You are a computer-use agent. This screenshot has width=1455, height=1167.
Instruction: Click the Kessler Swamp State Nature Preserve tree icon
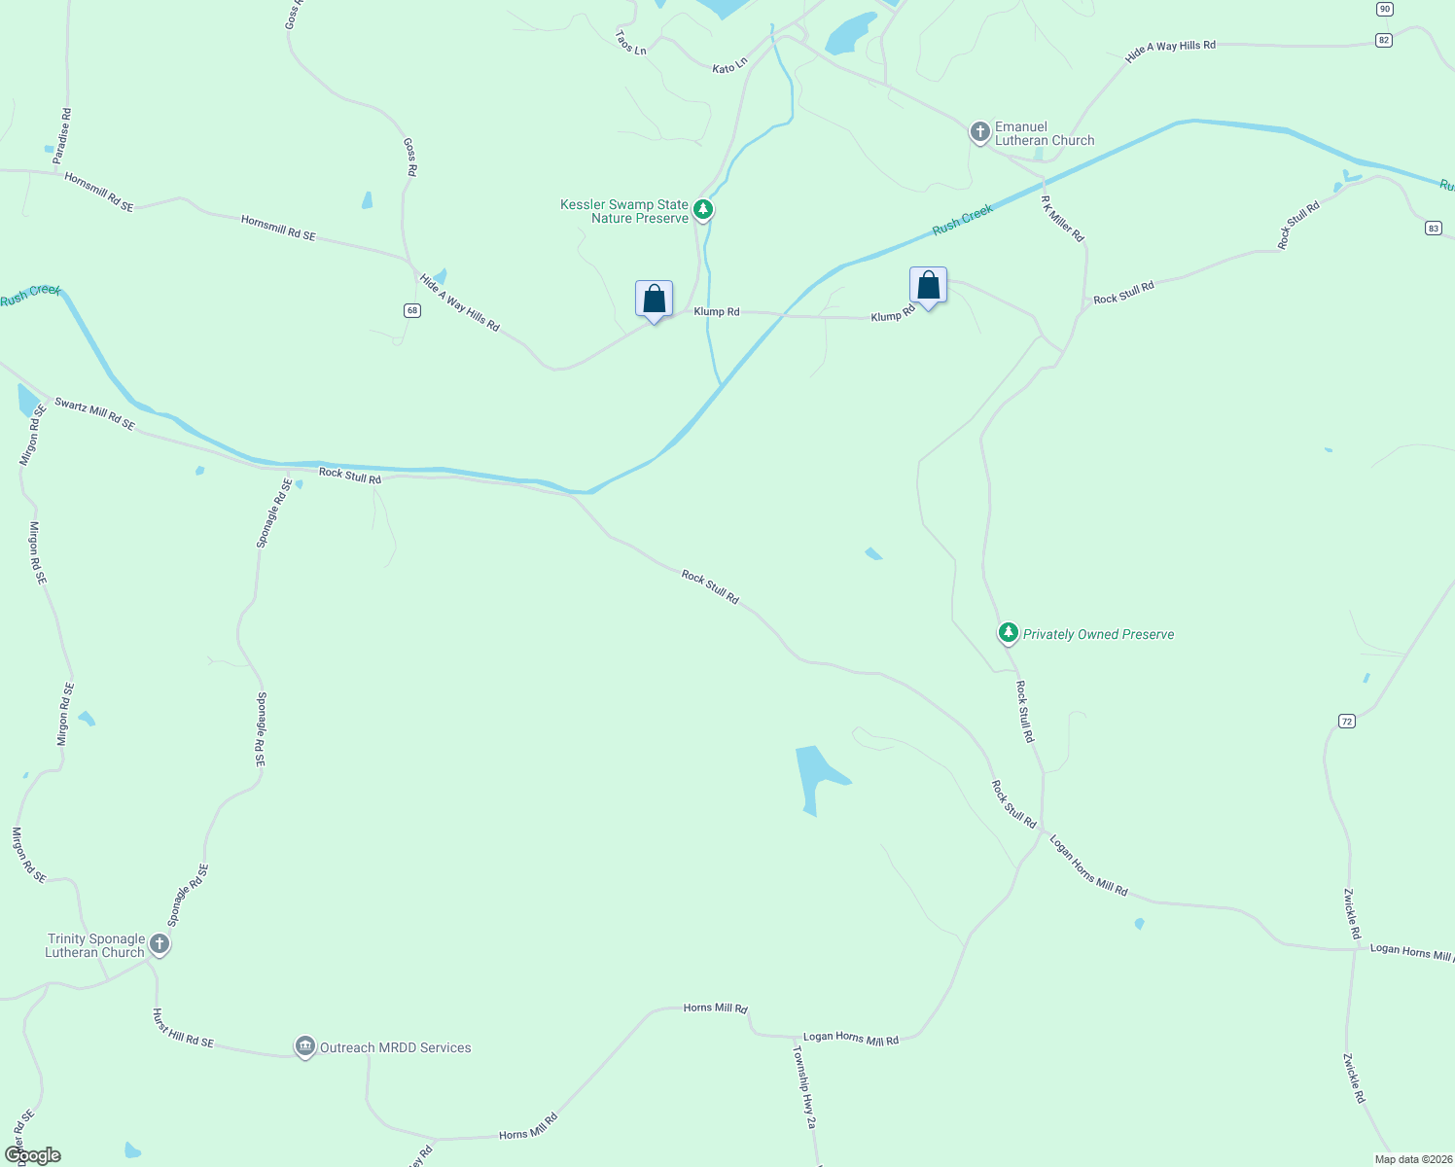pyautogui.click(x=703, y=209)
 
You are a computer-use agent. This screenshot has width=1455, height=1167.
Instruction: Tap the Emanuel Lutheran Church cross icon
pyautogui.click(x=979, y=131)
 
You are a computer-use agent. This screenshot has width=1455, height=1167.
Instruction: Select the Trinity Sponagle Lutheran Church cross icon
pyautogui.click(x=160, y=943)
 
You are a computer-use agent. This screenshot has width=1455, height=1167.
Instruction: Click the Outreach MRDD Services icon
pyautogui.click(x=305, y=1046)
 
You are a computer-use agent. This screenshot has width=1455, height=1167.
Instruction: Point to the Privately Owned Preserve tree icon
pyautogui.click(x=1009, y=633)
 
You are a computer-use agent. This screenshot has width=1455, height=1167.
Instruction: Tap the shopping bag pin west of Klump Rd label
pyautogui.click(x=654, y=300)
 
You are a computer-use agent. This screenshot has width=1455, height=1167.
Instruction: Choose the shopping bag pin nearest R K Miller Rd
pyautogui.click(x=928, y=286)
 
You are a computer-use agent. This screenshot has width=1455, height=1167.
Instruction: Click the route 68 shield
pyautogui.click(x=412, y=310)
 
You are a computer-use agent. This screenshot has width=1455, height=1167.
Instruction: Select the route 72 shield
pyautogui.click(x=1346, y=721)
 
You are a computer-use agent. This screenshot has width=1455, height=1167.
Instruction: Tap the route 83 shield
pyautogui.click(x=1434, y=228)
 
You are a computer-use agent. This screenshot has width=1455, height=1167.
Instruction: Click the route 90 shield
pyautogui.click(x=1385, y=9)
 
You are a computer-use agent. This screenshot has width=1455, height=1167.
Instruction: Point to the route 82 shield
pyautogui.click(x=1384, y=40)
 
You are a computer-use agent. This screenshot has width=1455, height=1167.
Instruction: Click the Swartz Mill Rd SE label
pyautogui.click(x=94, y=413)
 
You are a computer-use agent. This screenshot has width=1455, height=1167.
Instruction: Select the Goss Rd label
pyautogui.click(x=409, y=157)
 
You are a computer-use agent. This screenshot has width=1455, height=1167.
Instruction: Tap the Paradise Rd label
pyautogui.click(x=63, y=135)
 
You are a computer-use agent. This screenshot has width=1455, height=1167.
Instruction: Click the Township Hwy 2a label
pyautogui.click(x=804, y=1086)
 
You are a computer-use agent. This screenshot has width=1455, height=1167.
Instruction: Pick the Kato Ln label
pyautogui.click(x=729, y=65)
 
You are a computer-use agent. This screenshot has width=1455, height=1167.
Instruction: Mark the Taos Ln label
pyautogui.click(x=630, y=42)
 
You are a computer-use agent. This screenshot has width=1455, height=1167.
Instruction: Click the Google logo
pyautogui.click(x=33, y=1155)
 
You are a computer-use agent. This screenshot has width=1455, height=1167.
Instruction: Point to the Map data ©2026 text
pyautogui.click(x=1412, y=1159)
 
